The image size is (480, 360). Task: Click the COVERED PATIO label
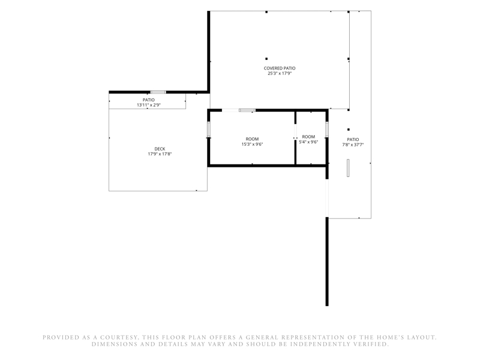[x=280, y=68]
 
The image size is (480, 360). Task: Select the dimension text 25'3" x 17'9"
[x=280, y=73]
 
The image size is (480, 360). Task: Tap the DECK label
[x=160, y=149]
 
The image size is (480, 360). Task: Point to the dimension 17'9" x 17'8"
[x=160, y=154]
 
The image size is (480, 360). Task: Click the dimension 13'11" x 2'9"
[x=149, y=105]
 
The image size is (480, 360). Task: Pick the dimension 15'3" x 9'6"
[x=252, y=144]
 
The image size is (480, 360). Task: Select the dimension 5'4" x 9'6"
[x=308, y=142]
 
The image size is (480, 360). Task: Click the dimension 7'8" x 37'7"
[x=353, y=145]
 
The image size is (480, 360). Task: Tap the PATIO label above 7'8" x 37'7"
[x=353, y=140]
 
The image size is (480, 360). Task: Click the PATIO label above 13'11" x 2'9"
[x=149, y=100]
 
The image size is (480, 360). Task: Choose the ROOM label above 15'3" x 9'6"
[x=252, y=139]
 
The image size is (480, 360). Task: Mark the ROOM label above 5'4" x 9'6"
[x=308, y=137]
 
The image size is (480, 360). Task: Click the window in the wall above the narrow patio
[x=158, y=92]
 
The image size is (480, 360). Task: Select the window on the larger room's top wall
[x=247, y=110]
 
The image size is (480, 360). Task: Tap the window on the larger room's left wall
[x=209, y=129]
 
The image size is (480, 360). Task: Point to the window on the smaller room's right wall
[x=327, y=129]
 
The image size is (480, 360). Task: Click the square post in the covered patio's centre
[x=266, y=59]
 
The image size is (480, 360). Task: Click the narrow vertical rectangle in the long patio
[x=348, y=168]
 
